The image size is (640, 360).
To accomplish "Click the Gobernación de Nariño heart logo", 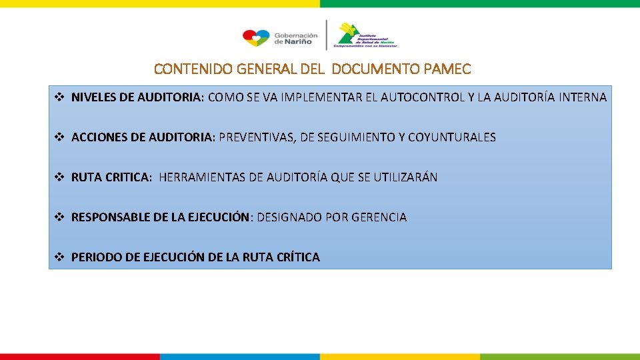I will pos(256,37).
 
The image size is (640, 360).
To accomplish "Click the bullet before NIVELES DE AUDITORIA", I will pos(59,97).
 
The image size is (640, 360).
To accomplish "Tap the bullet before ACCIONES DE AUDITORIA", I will pos(59,137).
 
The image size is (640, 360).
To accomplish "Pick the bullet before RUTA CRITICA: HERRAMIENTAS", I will pos(59,177).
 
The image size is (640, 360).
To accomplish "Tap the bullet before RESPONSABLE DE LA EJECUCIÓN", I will pos(59,217).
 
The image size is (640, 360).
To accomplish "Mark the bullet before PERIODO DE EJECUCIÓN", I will pos(59,257).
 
